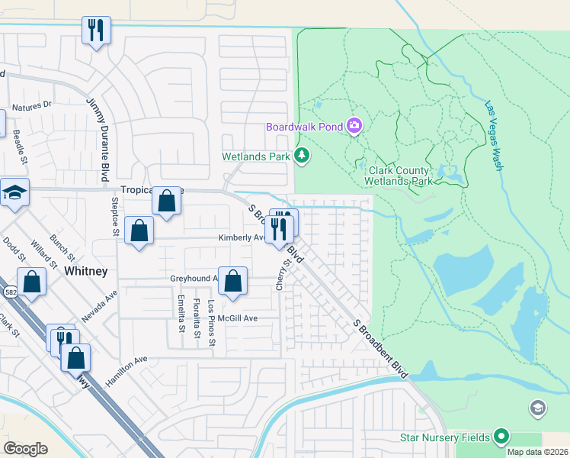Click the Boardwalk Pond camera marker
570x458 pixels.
click(x=354, y=126)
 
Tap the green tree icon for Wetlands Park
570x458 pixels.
click(x=303, y=156)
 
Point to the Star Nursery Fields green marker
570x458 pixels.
click(x=501, y=437)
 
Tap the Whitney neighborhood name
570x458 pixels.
click(x=85, y=272)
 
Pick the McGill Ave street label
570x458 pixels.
click(x=238, y=318)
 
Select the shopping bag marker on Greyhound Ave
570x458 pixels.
click(x=233, y=280)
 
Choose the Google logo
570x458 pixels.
click(x=26, y=449)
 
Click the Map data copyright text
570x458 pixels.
click(x=537, y=452)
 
